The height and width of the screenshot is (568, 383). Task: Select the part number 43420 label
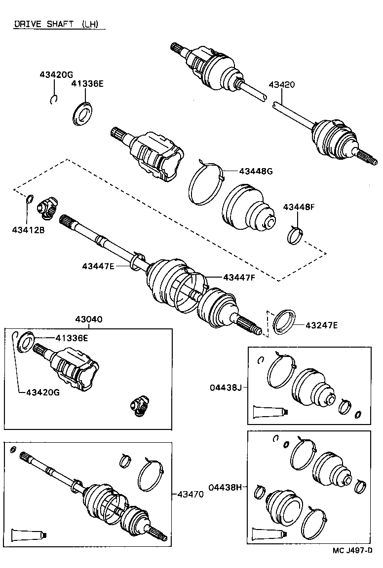pos(282,84)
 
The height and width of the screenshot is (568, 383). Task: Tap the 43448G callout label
pos(256,171)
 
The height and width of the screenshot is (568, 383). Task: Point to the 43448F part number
pos(299,207)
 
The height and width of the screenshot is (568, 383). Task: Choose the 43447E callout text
pos(98,266)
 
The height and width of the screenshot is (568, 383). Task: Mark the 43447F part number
pos(239,278)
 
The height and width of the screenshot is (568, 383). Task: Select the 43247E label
pos(321,325)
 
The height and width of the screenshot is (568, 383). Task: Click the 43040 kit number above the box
pos(89,319)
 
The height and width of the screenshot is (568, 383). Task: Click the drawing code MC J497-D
pos(351,550)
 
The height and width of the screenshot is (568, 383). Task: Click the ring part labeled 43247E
pos(284,322)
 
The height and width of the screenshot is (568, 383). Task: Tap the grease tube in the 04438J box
pos(269,412)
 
